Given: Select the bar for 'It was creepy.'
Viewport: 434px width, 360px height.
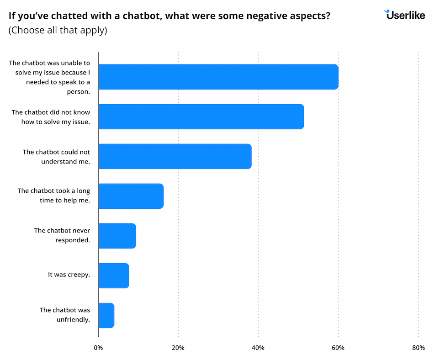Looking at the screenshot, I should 114,275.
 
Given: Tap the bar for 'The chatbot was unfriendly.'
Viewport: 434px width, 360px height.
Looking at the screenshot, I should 106,315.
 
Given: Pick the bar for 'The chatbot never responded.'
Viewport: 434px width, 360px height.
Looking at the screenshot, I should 117,236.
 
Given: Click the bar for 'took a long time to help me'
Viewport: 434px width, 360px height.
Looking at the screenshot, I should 131,196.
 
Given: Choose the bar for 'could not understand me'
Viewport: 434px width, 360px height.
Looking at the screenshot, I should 175,156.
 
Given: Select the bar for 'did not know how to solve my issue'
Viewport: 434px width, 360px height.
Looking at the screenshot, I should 201,116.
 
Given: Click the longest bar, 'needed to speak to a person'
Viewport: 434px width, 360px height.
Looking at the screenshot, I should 218,77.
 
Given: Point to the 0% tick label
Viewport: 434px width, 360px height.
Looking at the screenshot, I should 98,348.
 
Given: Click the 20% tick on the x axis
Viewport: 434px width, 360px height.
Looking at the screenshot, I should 178,348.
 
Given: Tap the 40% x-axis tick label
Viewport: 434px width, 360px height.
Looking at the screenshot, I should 258,348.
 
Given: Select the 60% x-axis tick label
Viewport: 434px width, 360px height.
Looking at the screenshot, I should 338,348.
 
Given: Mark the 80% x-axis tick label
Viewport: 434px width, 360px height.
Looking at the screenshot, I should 418,348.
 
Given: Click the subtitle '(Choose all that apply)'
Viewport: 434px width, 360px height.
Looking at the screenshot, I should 58,31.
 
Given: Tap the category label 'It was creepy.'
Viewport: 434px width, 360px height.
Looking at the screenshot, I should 69,275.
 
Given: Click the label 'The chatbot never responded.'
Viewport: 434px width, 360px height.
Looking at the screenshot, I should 62,235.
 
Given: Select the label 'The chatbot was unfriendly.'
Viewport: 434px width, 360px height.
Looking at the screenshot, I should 65,315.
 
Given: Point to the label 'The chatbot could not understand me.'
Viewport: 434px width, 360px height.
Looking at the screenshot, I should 57,156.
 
